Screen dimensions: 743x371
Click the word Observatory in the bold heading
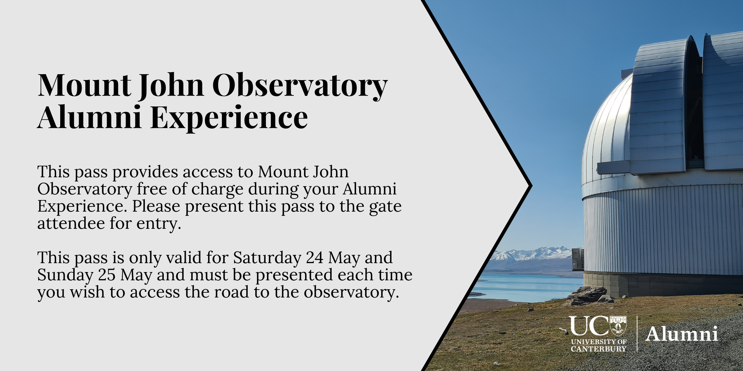[x=300, y=86]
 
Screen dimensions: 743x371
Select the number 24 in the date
[x=314, y=258]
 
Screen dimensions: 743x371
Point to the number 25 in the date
[x=107, y=275]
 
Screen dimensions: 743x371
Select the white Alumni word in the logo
[x=681, y=334]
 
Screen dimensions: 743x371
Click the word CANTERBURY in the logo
[x=599, y=349]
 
